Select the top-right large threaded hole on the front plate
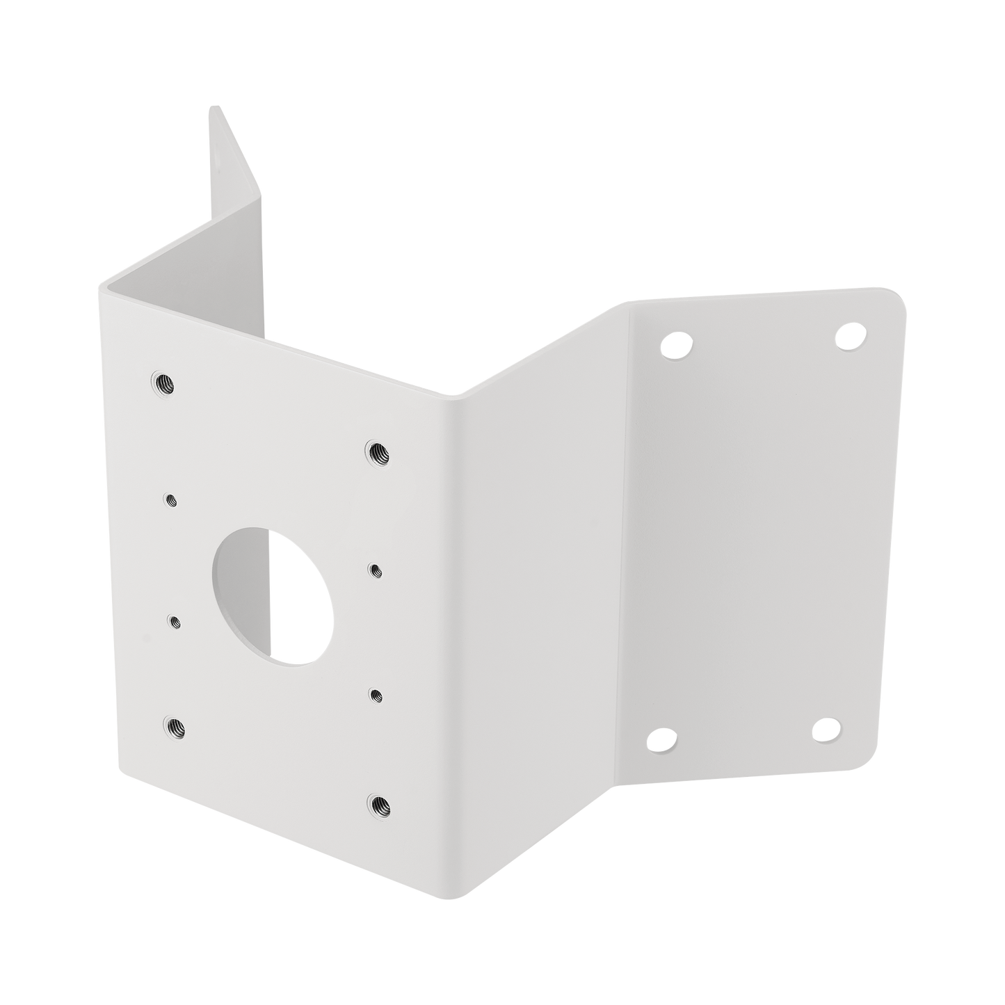[378, 453]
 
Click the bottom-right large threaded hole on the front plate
[380, 804]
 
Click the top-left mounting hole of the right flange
[675, 343]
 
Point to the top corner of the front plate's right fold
[456, 396]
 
